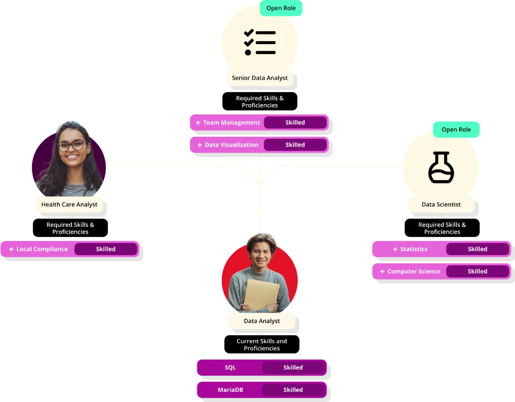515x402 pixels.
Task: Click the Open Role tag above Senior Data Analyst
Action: (x=281, y=8)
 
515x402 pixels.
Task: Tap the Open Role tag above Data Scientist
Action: (x=456, y=130)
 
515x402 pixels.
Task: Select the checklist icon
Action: (x=260, y=42)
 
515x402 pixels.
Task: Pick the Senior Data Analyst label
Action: (x=260, y=78)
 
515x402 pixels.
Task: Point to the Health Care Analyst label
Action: (x=69, y=205)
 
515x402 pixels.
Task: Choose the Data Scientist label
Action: (x=441, y=205)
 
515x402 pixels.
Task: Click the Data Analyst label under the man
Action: (x=261, y=321)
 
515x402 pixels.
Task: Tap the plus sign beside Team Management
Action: (x=198, y=123)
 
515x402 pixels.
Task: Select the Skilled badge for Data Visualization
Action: (x=295, y=145)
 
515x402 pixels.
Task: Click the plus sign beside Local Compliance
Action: (x=11, y=249)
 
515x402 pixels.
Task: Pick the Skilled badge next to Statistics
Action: (x=477, y=249)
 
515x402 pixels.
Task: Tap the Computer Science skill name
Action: (x=414, y=272)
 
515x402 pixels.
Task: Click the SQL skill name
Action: (x=230, y=368)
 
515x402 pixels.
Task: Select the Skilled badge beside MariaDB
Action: (x=293, y=390)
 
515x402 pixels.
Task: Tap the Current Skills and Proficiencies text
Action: (x=262, y=345)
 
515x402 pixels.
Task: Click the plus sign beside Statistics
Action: (x=395, y=249)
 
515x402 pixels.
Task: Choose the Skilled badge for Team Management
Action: (x=295, y=123)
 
